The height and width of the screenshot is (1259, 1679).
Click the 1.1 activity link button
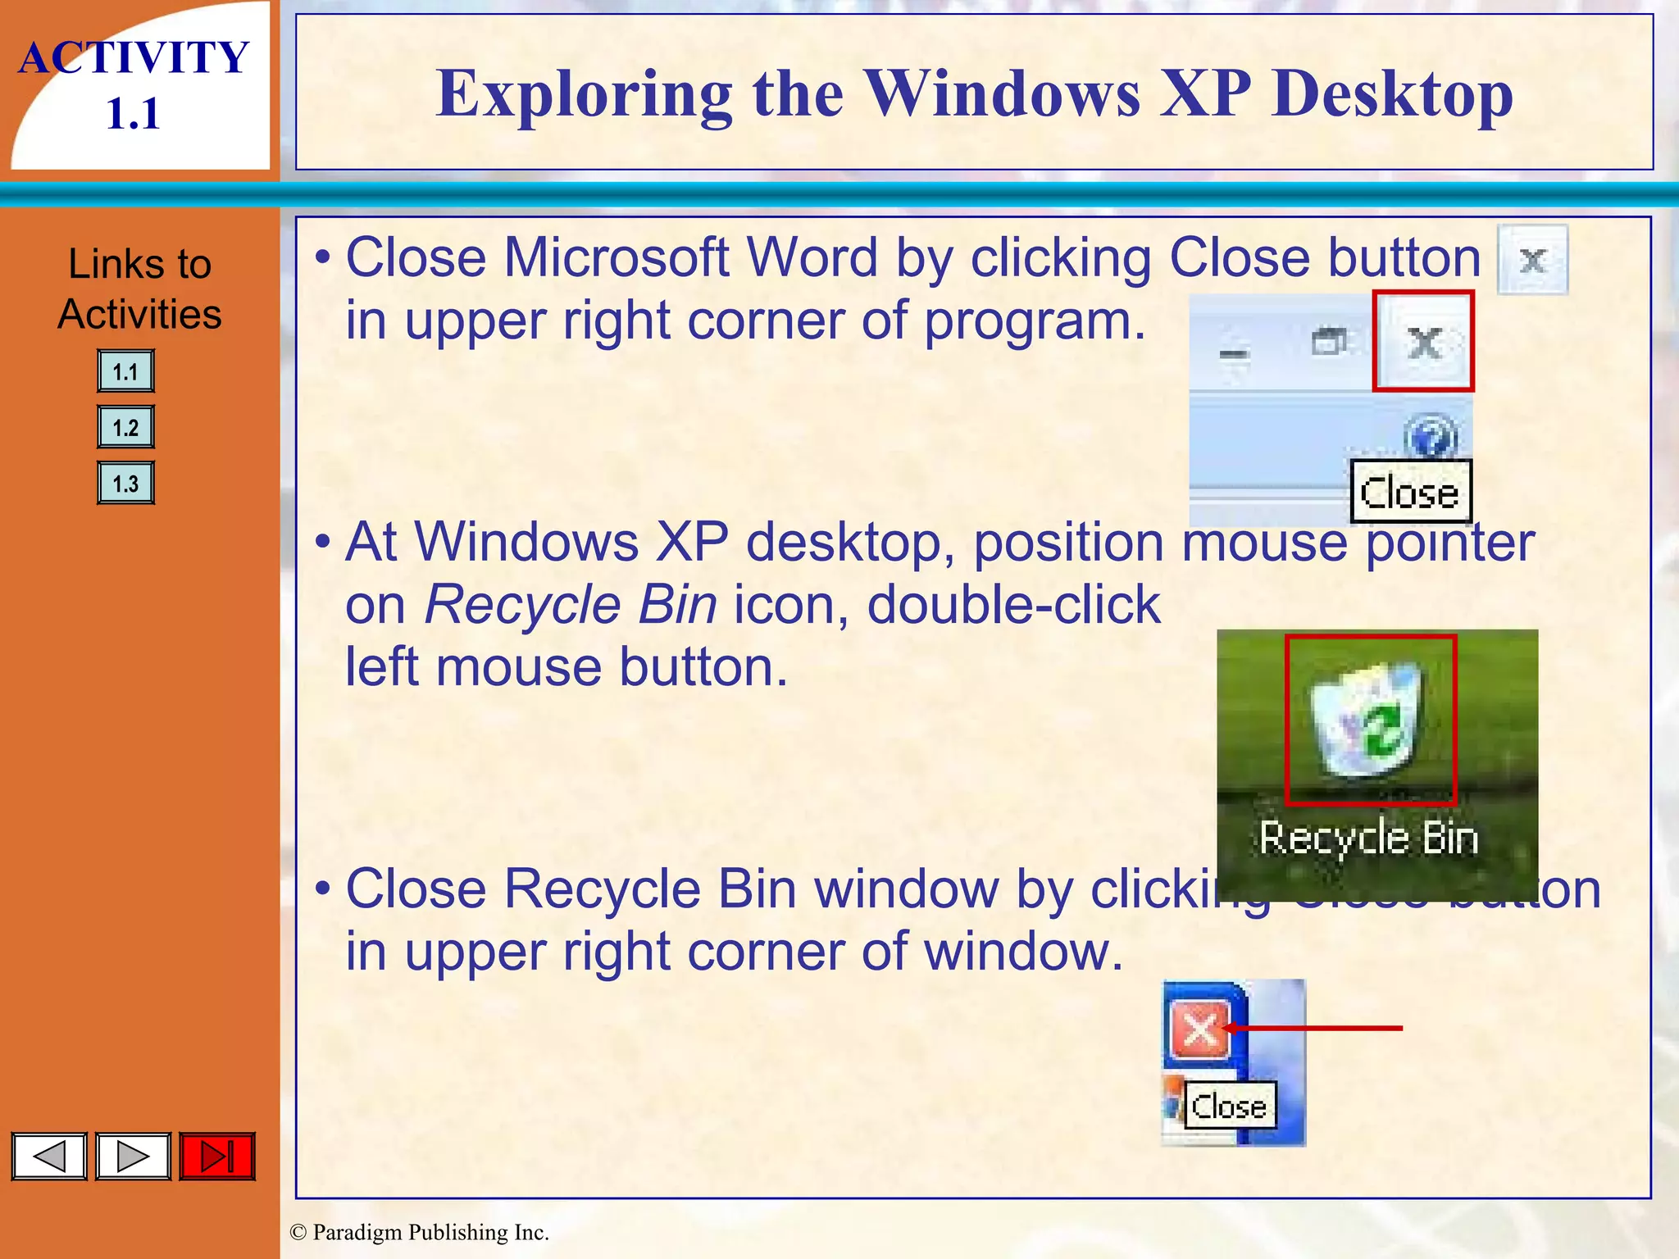coord(125,371)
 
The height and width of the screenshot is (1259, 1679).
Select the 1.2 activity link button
coord(125,427)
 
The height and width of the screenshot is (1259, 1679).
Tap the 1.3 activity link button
coord(125,483)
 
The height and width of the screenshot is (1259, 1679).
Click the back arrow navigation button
coord(49,1157)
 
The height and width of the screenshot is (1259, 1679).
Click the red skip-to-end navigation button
coord(217,1157)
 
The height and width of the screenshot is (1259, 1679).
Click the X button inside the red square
coord(1424,343)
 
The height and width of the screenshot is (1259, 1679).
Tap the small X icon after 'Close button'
coord(1532,261)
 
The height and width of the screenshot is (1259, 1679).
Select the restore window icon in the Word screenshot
coord(1329,341)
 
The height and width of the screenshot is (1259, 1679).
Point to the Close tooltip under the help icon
coord(1410,493)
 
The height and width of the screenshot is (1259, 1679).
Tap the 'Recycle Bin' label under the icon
coord(1369,839)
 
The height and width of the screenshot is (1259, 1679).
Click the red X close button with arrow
coord(1200,1029)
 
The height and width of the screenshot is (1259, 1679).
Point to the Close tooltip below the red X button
coord(1229,1107)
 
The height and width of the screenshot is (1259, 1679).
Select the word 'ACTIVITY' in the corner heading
coord(134,58)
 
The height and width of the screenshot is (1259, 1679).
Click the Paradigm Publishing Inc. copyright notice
coord(420,1232)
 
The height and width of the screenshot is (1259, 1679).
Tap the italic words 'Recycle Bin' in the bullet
coord(571,605)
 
